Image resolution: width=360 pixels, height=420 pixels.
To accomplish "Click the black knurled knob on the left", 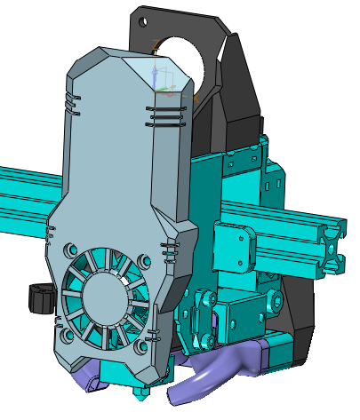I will tap(40, 297).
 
